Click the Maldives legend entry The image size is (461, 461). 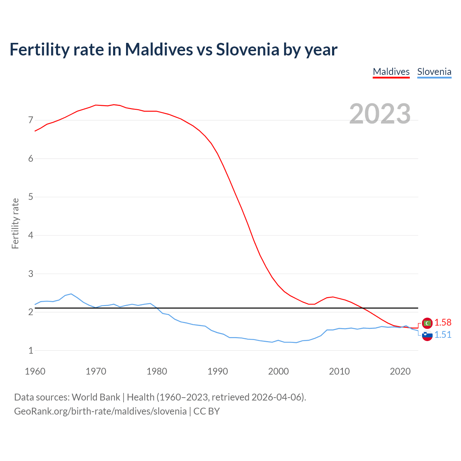coord(391,72)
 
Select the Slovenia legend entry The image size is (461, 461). coord(434,72)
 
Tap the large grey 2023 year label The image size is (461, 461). coord(380,114)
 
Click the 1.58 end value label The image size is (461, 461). coord(443,322)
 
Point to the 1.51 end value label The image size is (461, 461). coord(443,335)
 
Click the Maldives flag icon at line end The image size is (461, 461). coord(427,323)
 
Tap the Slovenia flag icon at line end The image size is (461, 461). coord(427,335)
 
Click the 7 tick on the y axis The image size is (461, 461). coord(31,120)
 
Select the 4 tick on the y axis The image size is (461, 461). coord(31,235)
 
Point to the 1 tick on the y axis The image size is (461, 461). coord(31,350)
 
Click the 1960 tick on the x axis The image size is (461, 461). coord(35,371)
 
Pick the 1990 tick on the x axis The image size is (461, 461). coord(218,371)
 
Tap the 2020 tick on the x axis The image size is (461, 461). coord(400,371)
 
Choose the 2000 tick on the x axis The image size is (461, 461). coord(278,371)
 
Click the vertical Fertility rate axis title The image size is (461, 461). coord(15,223)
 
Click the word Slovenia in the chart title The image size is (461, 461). coord(247,49)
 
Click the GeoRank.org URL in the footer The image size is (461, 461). coord(100,411)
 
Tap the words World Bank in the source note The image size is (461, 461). coord(96,397)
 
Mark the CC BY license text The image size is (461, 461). coord(206,411)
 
